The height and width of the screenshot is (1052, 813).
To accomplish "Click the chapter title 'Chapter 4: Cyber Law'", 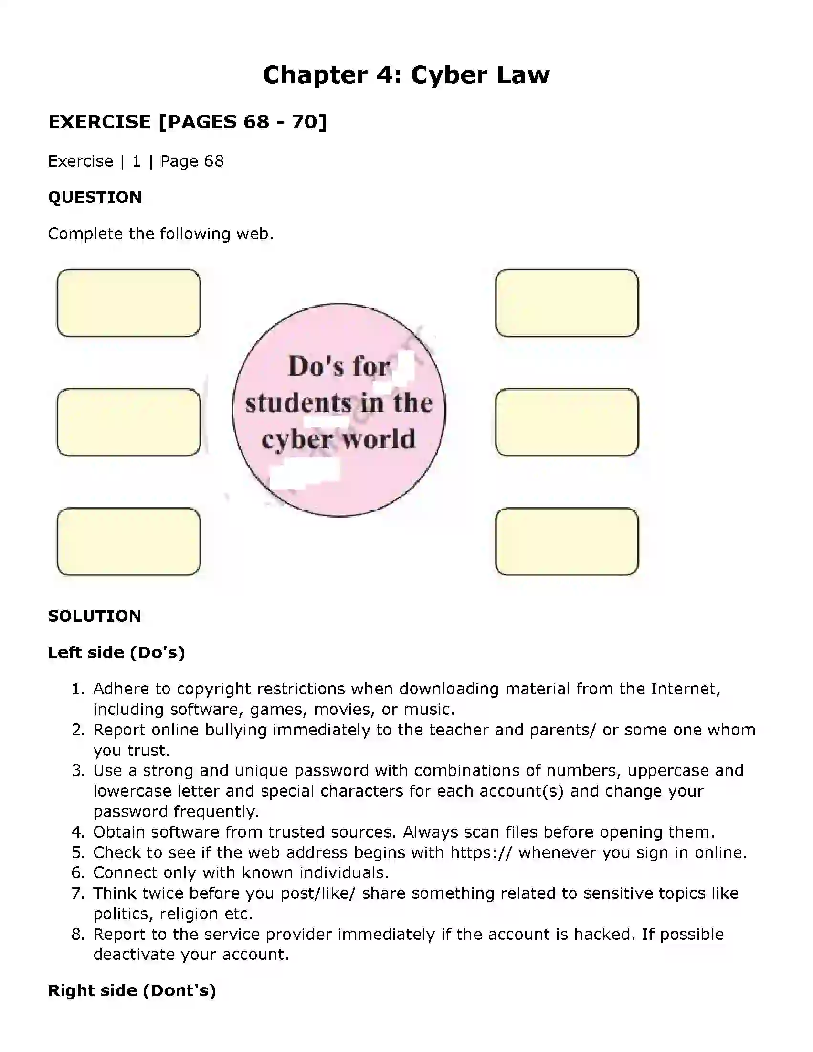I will point(406,75).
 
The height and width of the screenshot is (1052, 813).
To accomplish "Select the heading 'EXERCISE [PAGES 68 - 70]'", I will point(187,122).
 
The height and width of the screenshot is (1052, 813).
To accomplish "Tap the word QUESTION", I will point(95,197).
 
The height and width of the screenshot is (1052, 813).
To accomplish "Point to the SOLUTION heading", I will point(95,616).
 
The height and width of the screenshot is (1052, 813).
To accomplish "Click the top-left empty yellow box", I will point(128,302).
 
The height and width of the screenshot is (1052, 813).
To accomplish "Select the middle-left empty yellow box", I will point(128,422).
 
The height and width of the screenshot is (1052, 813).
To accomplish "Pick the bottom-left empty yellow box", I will point(128,541).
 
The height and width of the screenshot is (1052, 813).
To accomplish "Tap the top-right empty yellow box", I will point(566,302).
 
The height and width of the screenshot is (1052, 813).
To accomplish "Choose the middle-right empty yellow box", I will point(566,422).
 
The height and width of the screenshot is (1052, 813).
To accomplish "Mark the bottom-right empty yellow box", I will point(566,541).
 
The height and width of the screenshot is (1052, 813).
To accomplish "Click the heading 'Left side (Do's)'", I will point(116,652).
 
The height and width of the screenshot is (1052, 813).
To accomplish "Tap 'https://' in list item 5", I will point(481,852).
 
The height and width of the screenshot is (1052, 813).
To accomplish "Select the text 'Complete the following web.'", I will point(161,234).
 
